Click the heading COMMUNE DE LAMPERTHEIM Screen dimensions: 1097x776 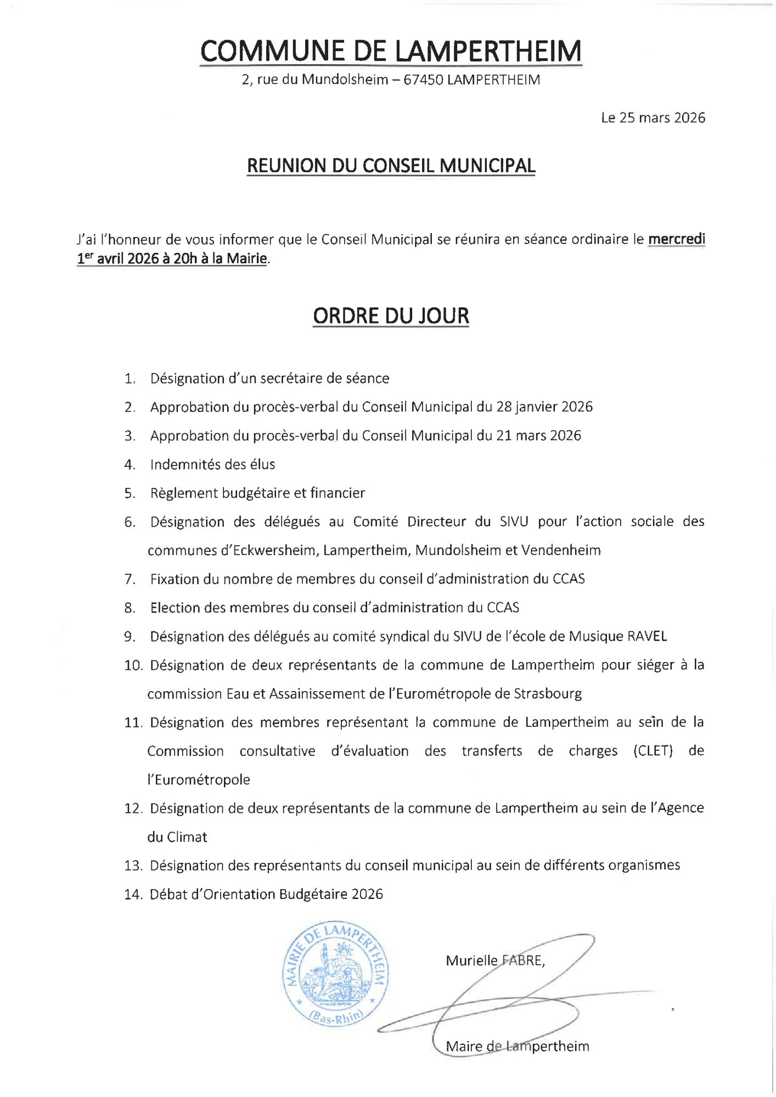click(x=390, y=51)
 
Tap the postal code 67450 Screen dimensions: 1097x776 click(x=423, y=80)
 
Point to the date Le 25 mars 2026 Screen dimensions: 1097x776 click(x=653, y=118)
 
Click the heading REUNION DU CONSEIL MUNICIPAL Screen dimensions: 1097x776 click(x=391, y=166)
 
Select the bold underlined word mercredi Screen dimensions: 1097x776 click(x=677, y=239)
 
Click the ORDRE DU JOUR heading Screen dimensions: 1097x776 click(x=391, y=316)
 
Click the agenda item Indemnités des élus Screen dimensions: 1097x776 click(x=212, y=465)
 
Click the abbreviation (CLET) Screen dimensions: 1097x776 click(x=653, y=751)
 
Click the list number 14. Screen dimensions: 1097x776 click(x=133, y=895)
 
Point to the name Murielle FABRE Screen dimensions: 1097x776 click(x=494, y=960)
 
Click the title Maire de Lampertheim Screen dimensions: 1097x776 click(x=517, y=1046)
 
